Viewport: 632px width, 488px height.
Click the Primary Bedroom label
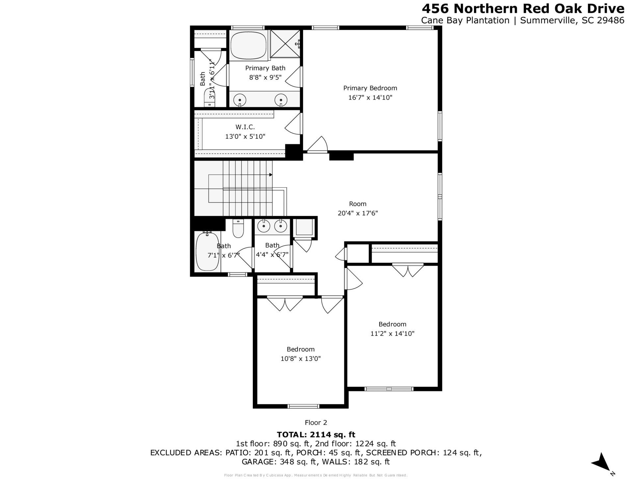click(x=370, y=88)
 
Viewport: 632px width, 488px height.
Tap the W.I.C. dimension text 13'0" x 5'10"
click(x=245, y=136)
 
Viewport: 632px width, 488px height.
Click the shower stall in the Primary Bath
click(x=285, y=43)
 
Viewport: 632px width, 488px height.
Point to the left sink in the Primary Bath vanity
click(x=240, y=99)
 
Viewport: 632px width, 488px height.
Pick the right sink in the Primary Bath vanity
click(x=281, y=99)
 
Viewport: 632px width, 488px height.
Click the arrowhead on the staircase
click(x=271, y=175)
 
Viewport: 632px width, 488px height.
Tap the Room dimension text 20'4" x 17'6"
click(x=357, y=213)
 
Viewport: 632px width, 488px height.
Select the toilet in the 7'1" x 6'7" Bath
click(x=238, y=229)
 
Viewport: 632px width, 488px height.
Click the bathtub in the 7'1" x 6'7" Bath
click(x=207, y=252)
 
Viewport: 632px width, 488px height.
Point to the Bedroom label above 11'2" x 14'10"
click(x=392, y=324)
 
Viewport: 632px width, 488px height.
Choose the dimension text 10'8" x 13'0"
click(x=300, y=358)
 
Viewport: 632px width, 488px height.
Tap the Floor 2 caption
click(x=316, y=423)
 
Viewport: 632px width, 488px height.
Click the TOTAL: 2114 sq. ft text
click(x=316, y=435)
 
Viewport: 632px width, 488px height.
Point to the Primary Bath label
click(x=265, y=68)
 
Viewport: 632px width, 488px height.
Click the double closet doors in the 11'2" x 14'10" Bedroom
click(x=408, y=270)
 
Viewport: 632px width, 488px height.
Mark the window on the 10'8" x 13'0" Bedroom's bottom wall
click(x=303, y=406)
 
